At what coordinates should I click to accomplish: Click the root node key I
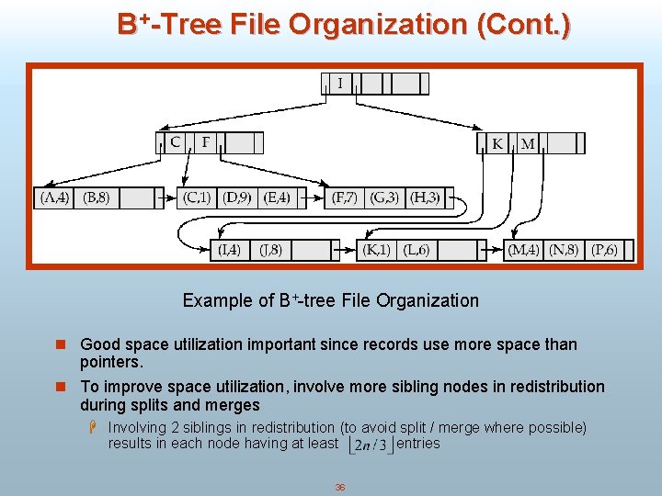pyautogui.click(x=340, y=84)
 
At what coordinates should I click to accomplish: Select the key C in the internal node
pyautogui.click(x=176, y=142)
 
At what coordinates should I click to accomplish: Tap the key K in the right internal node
pyautogui.click(x=497, y=143)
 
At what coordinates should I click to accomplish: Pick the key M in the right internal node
pyautogui.click(x=527, y=143)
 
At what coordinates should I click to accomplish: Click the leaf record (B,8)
pyautogui.click(x=97, y=197)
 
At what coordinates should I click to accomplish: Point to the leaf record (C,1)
pyautogui.click(x=197, y=197)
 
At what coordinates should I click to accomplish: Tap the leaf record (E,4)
pyautogui.click(x=276, y=197)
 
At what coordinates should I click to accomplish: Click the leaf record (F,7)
pyautogui.click(x=345, y=197)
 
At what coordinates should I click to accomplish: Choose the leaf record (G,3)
pyautogui.click(x=384, y=197)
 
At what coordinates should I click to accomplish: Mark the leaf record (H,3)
pyautogui.click(x=424, y=197)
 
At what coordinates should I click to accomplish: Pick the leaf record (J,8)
pyautogui.click(x=270, y=249)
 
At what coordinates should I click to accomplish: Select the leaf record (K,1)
pyautogui.click(x=376, y=249)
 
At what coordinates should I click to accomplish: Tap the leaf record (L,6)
pyautogui.click(x=416, y=249)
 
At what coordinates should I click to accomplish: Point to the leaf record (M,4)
pyautogui.click(x=523, y=249)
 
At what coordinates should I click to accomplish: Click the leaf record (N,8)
pyautogui.click(x=564, y=249)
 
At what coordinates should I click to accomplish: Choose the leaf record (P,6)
pyautogui.click(x=604, y=249)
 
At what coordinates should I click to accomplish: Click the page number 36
pyautogui.click(x=340, y=487)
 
